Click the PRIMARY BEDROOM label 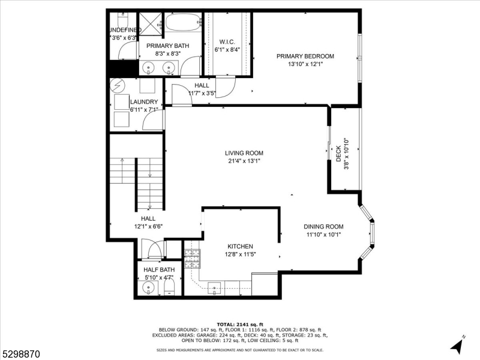coord(305,56)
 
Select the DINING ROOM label coord(323,227)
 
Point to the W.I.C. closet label coord(227,42)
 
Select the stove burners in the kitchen coord(191,259)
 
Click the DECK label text coord(338,154)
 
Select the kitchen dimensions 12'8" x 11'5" coord(239,254)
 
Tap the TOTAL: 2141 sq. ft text coord(239,323)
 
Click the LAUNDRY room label coord(144,102)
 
